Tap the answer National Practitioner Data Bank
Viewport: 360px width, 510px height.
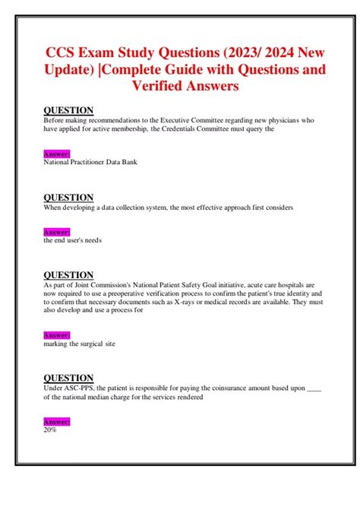(91, 161)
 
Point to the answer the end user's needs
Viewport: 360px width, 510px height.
(73, 240)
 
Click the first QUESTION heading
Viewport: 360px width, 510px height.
(68, 110)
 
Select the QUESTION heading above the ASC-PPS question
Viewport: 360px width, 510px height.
(68, 378)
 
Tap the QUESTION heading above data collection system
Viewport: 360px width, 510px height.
(68, 198)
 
